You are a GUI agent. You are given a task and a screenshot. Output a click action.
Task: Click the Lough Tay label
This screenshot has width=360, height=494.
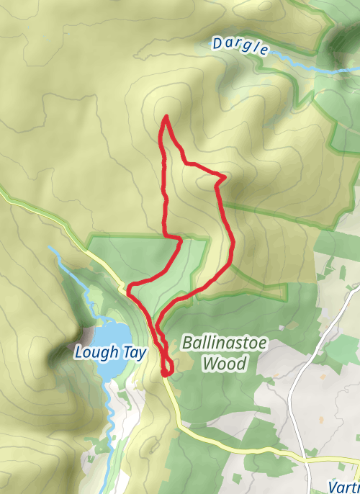pos(110,353)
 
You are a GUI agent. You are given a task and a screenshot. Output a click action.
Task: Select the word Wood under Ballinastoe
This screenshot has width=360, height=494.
pos(224,364)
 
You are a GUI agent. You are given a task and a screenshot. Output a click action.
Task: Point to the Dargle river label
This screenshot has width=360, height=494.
pos(240,47)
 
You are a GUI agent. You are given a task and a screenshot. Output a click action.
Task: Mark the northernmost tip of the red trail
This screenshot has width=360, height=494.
pos(167,116)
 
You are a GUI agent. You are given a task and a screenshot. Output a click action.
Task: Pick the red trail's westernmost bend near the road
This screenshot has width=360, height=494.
pos(129,290)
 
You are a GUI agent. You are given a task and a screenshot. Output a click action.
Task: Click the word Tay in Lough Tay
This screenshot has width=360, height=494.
pos(135,353)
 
